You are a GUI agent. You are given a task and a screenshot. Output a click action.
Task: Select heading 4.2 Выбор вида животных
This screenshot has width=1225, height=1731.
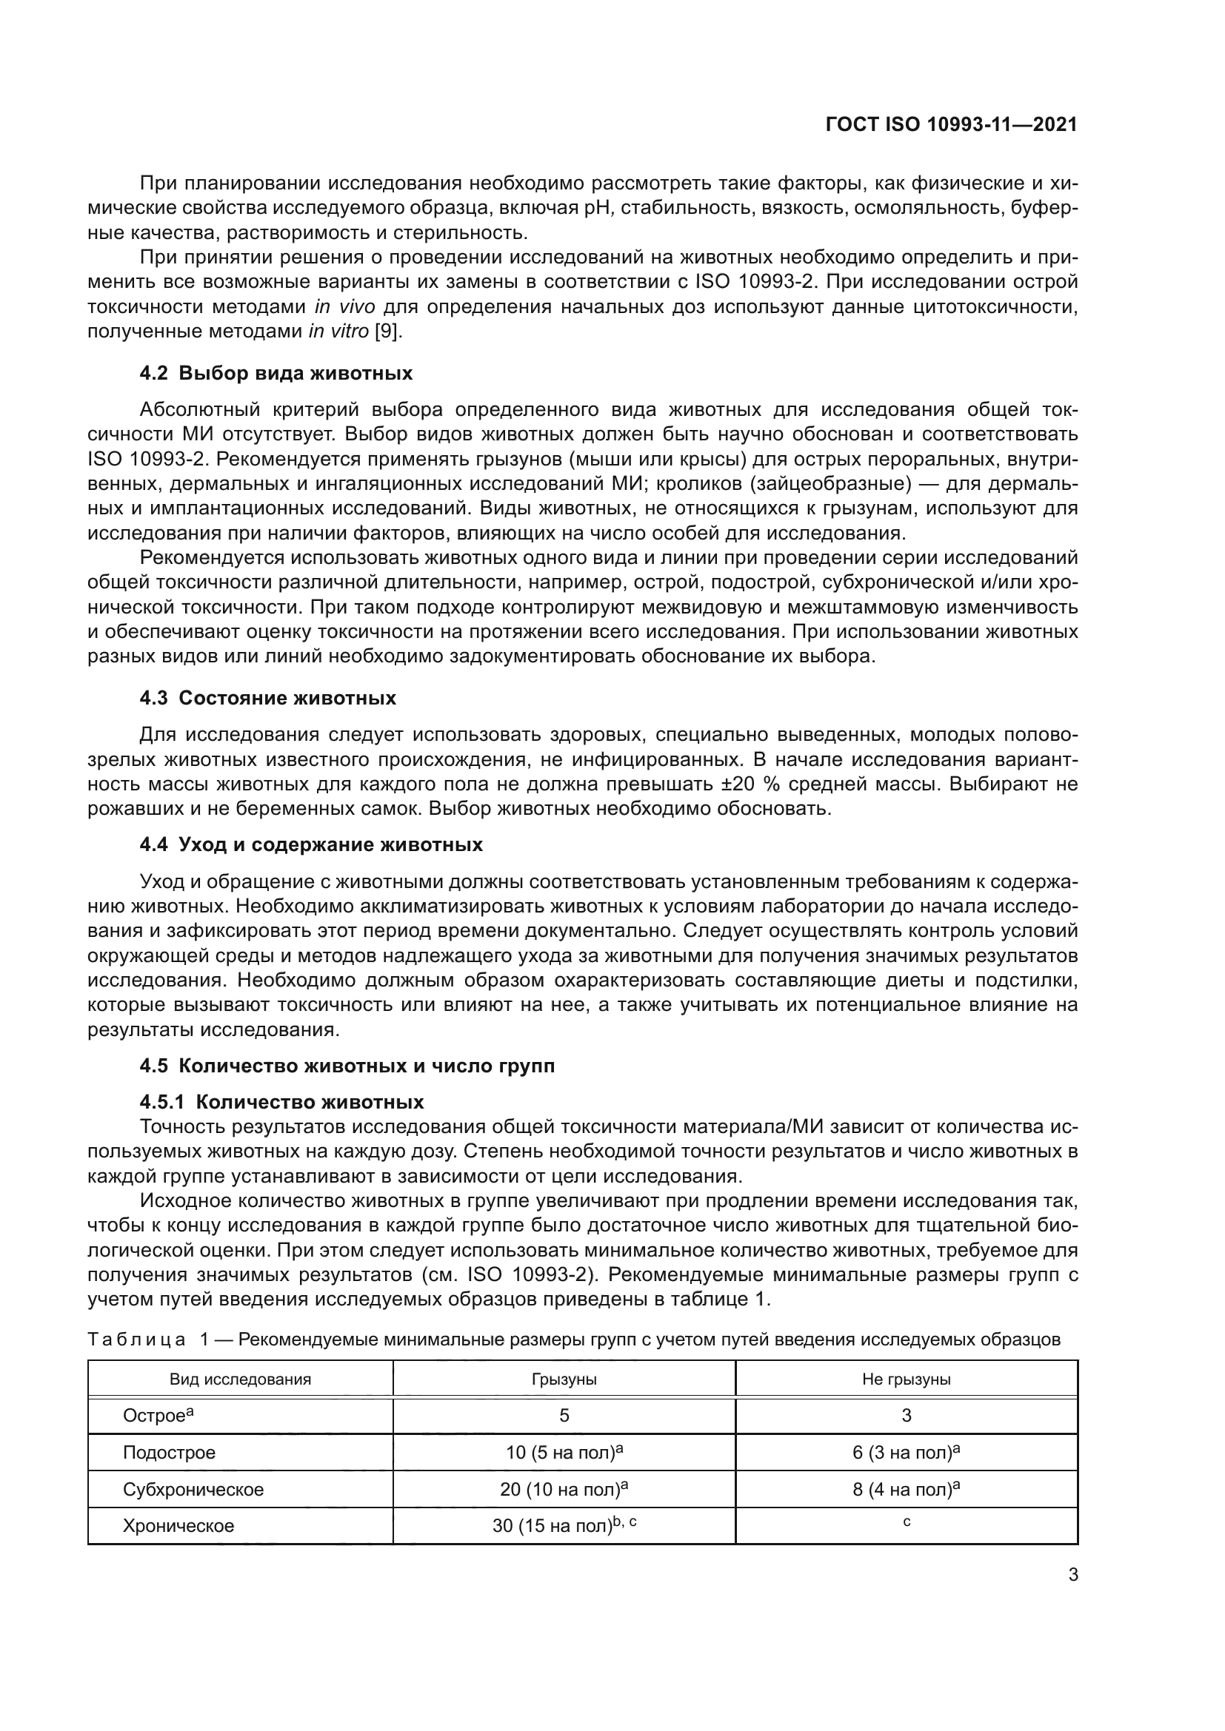point(276,373)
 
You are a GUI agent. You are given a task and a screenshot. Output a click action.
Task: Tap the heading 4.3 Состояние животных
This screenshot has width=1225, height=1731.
point(268,698)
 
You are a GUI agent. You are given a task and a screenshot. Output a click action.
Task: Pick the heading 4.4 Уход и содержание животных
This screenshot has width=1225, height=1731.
point(311,844)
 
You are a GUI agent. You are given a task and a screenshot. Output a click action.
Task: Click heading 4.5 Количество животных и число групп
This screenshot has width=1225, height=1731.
point(347,1066)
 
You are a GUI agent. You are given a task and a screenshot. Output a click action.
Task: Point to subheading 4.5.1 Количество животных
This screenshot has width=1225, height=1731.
point(281,1102)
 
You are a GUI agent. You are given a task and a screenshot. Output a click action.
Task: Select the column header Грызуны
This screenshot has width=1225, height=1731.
point(564,1379)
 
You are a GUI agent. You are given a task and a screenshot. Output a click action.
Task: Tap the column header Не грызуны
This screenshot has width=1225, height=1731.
point(906,1379)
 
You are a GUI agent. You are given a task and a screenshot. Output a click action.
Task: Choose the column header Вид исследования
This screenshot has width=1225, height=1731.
point(240,1379)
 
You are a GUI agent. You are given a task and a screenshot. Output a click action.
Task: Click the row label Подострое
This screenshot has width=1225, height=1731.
point(169,1453)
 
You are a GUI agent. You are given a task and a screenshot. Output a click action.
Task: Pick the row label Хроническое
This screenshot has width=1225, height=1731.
point(178,1526)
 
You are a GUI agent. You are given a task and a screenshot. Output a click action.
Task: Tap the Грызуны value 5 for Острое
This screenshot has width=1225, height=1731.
point(564,1416)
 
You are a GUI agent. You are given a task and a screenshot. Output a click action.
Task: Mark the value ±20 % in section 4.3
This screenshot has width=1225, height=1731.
point(747,784)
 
